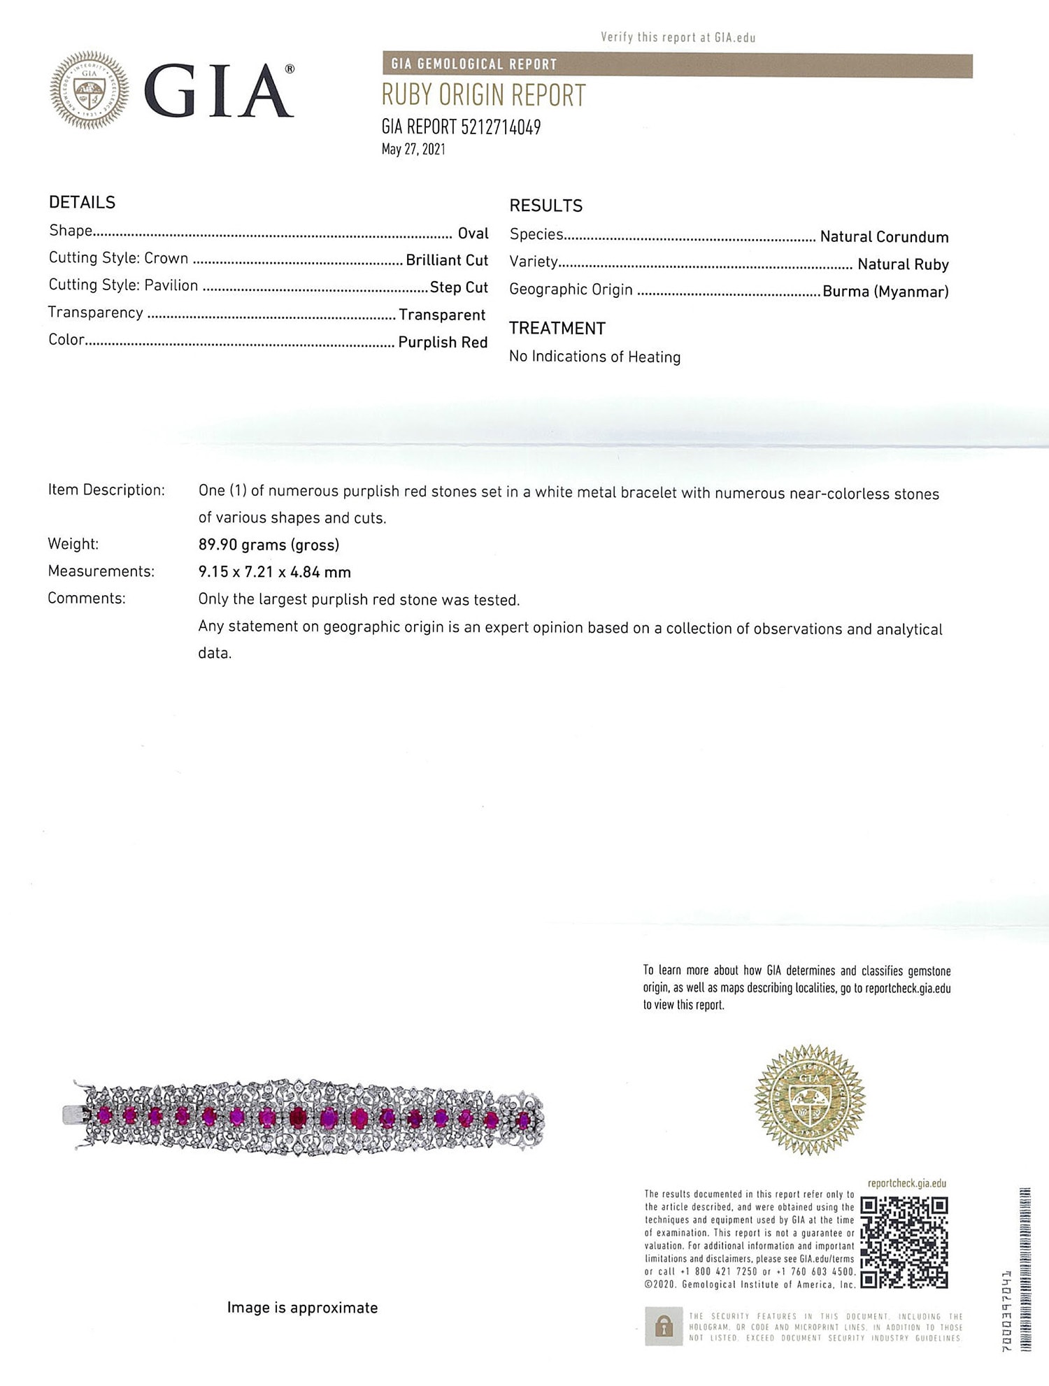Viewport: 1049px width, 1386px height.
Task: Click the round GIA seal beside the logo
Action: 90,90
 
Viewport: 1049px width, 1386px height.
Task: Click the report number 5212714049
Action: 501,127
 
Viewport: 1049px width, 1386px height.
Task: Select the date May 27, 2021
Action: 413,149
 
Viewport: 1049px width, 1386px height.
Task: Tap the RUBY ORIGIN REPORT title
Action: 483,96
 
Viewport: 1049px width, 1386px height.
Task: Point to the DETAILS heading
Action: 82,203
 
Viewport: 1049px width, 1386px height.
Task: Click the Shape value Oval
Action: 473,234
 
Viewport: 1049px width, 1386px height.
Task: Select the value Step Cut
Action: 459,287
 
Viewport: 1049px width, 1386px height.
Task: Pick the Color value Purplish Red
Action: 443,342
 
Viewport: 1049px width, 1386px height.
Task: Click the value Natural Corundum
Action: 884,237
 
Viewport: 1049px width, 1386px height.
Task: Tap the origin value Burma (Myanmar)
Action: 885,292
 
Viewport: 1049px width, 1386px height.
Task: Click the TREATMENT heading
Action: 557,329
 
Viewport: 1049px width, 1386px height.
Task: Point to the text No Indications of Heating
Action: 594,357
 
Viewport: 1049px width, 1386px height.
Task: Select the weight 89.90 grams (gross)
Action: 269,545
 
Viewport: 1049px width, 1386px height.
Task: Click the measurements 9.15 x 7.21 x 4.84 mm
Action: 274,572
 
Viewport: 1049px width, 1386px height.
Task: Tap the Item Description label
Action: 106,490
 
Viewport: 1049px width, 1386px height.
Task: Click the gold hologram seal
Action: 810,1100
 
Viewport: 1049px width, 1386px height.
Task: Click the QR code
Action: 904,1242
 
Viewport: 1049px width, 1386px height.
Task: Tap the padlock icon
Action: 663,1326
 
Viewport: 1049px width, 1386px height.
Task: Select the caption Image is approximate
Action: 302,1308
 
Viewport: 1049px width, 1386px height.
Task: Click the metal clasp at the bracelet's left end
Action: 72,1115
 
